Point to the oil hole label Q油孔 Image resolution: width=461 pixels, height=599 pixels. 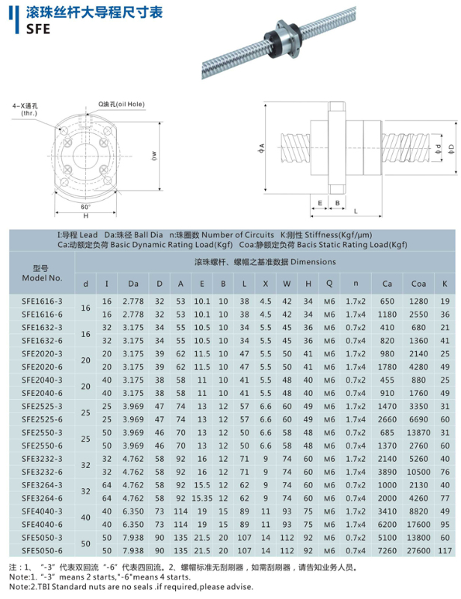coord(125,106)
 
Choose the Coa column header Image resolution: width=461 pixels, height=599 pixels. coord(417,283)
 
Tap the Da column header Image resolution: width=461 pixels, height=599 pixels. coord(133,283)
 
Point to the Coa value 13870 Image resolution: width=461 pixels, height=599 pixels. coord(417,433)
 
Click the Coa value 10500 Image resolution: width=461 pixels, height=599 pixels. coord(417,472)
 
